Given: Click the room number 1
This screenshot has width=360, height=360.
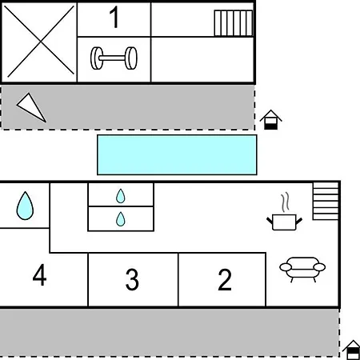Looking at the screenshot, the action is pyautogui.click(x=114, y=17).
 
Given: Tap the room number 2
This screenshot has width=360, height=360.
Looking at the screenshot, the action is pyautogui.click(x=225, y=279).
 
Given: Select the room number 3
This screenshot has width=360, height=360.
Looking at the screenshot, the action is pyautogui.click(x=132, y=279).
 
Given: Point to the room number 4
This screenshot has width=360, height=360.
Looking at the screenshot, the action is pyautogui.click(x=39, y=275).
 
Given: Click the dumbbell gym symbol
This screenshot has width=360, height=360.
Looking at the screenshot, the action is pyautogui.click(x=114, y=58).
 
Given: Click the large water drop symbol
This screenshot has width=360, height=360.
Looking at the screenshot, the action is pyautogui.click(x=25, y=206).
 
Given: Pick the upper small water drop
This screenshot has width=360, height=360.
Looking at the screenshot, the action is pyautogui.click(x=121, y=196).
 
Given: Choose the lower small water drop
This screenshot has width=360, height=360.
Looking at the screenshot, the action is pyautogui.click(x=121, y=219).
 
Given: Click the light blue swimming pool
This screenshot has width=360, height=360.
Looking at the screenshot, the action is pyautogui.click(x=177, y=154).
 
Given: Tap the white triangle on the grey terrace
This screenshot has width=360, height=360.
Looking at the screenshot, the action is pyautogui.click(x=31, y=107).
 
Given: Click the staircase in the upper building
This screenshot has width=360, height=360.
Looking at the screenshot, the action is pyautogui.click(x=234, y=23).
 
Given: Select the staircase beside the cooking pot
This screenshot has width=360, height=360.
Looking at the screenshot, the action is pyautogui.click(x=326, y=201).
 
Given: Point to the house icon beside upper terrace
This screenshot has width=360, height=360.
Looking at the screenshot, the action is pyautogui.click(x=271, y=120).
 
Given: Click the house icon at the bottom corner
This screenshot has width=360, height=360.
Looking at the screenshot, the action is pyautogui.click(x=352, y=350).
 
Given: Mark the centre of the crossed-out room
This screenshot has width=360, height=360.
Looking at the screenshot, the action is pyautogui.click(x=40, y=42).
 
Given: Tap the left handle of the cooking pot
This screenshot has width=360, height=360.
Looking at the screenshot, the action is pyautogui.click(x=270, y=221).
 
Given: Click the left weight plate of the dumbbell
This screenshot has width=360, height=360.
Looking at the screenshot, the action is pyautogui.click(x=96, y=58).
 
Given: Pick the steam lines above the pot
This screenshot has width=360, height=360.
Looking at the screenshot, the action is pyautogui.click(x=285, y=202).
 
